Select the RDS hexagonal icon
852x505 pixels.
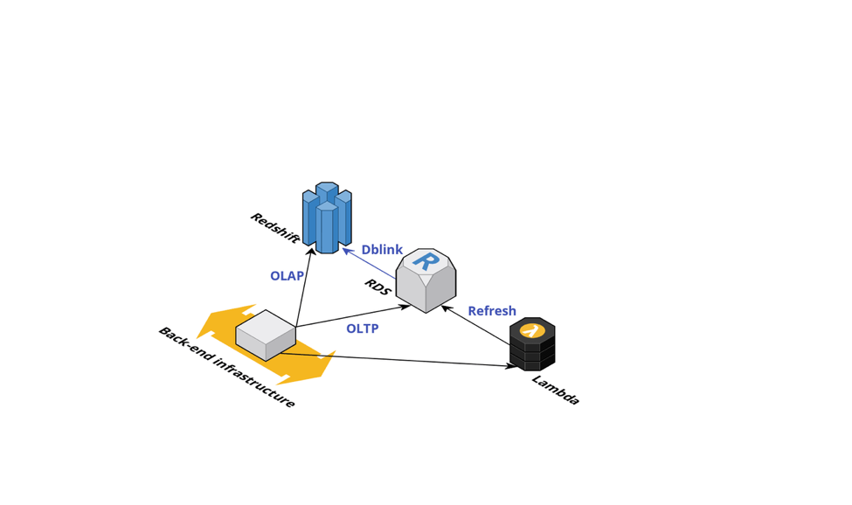426,280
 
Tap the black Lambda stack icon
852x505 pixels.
532,344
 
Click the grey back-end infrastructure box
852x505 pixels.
266,336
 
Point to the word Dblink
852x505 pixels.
382,250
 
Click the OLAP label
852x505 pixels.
287,276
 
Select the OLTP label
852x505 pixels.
362,329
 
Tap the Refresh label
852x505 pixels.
492,311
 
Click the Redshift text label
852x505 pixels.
274,228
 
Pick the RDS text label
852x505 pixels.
377,287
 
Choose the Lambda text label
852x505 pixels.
556,390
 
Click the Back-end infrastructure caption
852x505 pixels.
226,367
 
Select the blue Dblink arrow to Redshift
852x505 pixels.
369,264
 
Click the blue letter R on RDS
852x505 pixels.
426,260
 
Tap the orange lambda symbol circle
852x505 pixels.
532,330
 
